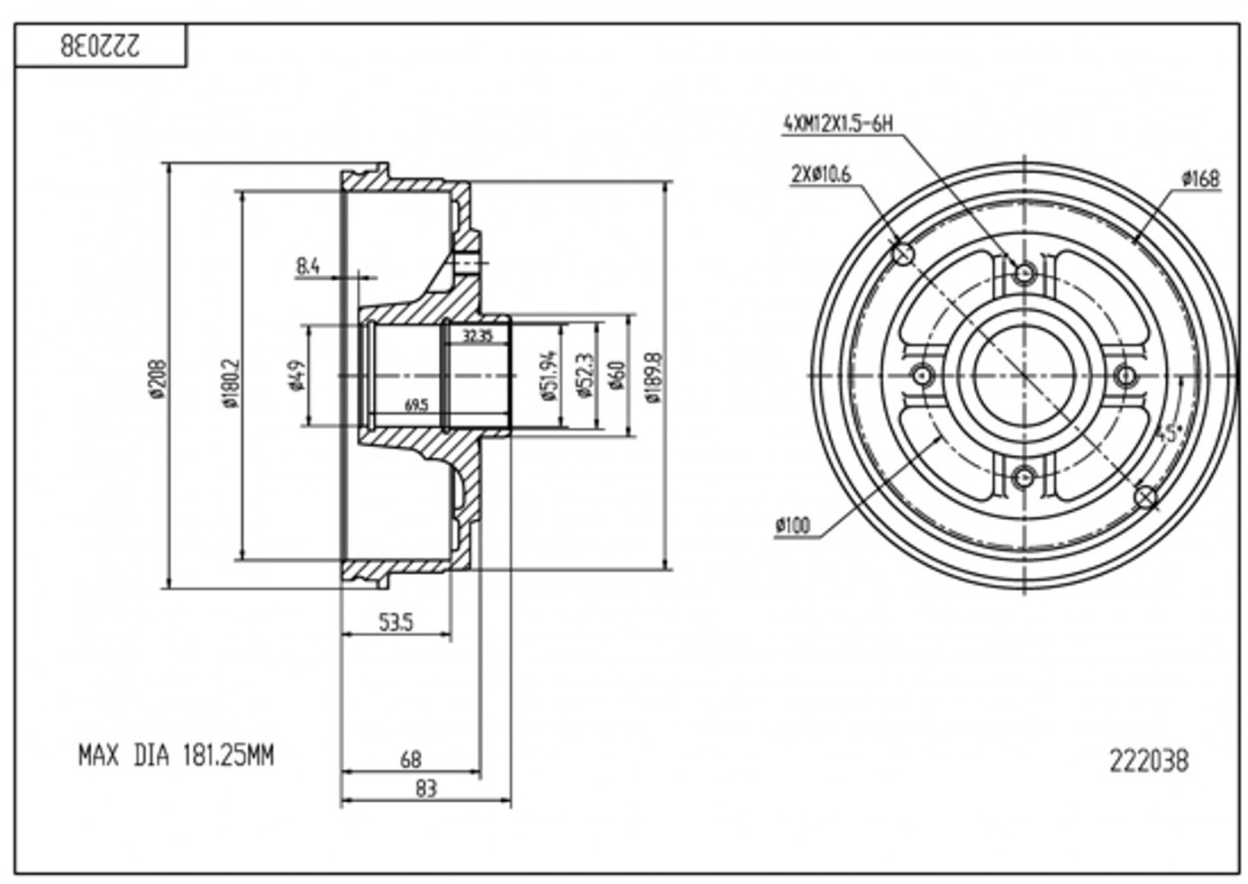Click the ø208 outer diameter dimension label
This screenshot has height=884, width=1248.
158,378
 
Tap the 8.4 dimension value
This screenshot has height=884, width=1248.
308,266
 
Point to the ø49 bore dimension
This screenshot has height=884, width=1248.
296,375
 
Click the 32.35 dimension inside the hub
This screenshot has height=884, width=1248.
478,336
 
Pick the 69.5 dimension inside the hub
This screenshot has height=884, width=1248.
415,406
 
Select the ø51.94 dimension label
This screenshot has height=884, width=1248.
549,375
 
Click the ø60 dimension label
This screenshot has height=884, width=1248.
616,375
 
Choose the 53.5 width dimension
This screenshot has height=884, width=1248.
396,621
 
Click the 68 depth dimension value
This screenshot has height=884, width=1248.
410,760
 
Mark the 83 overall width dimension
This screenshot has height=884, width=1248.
425,788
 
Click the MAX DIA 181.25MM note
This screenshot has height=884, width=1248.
176,755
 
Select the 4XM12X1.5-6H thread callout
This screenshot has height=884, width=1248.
838,123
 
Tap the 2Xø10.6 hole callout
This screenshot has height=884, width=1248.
820,174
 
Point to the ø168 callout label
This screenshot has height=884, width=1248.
1200,178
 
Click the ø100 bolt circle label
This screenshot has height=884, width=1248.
792,525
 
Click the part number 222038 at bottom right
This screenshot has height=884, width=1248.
1148,761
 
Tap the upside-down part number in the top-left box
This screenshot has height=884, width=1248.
100,46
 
